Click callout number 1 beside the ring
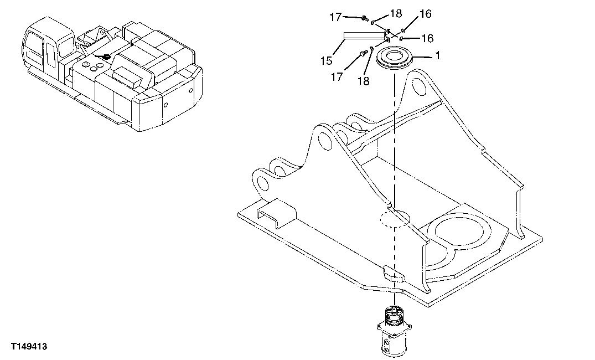click(437, 56)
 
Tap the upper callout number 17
click(336, 17)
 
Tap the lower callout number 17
click(337, 77)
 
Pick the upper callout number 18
click(395, 14)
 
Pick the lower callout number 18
click(363, 81)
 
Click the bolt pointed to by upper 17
click(364, 19)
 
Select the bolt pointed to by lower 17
click(363, 53)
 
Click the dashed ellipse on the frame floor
click(394, 218)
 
